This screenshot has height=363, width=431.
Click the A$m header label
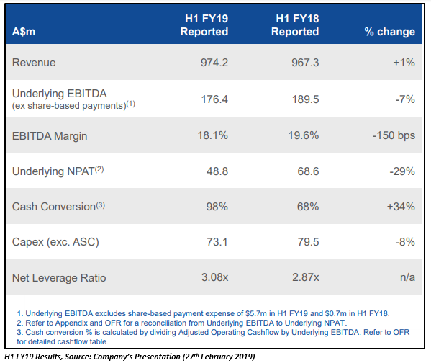24,32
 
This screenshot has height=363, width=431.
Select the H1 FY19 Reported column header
204,25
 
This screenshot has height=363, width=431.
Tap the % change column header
390,32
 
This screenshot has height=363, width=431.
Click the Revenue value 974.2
214,63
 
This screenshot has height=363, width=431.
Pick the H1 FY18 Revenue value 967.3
305,63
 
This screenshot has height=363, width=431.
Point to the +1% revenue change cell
404,63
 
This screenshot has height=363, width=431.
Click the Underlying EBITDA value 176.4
214,99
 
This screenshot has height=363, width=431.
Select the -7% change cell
405,99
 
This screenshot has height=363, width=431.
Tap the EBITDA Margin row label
50,136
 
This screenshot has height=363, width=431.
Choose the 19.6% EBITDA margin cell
304,135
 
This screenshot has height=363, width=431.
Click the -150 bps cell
394,135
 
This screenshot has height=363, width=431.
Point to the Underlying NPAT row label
58,171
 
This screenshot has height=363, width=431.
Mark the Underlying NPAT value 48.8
217,171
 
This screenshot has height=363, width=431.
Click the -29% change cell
402,171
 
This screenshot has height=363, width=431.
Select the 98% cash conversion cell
217,207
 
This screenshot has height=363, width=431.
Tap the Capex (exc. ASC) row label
55,242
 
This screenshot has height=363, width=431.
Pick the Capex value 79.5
308,242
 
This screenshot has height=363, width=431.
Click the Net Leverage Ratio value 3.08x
214,277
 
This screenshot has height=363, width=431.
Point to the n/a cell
408,277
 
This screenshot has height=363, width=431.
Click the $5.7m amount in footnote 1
256,313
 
